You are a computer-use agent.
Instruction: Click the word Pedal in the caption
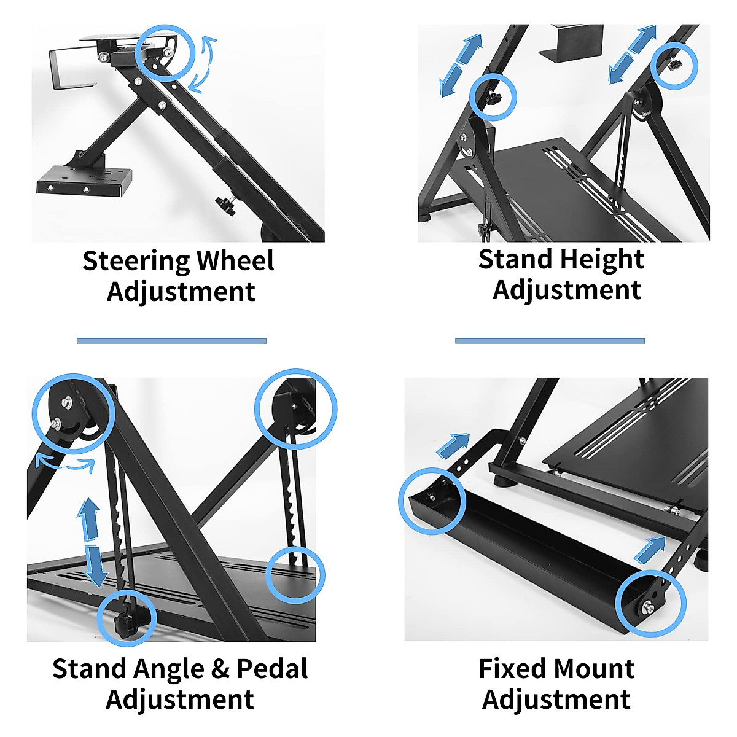tap(272, 669)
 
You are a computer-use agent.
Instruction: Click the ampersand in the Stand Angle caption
tap(219, 669)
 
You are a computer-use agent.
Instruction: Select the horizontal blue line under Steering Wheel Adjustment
tap(171, 341)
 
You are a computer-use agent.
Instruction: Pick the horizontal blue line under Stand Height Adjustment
tap(550, 341)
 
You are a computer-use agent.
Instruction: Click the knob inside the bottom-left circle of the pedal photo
tap(127, 622)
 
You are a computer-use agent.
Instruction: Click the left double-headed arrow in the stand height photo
tap(461, 66)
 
